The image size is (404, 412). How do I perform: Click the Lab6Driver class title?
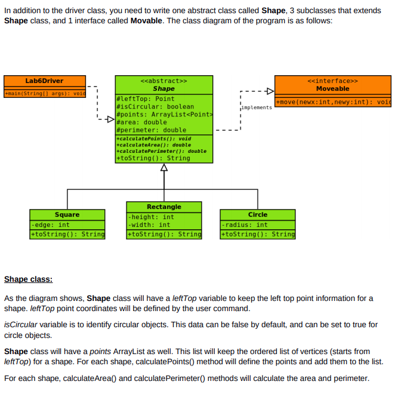(44, 81)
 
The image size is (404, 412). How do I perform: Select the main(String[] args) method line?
(45, 94)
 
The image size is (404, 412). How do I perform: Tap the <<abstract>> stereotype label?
(164, 81)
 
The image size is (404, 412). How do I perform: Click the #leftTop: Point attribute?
(145, 99)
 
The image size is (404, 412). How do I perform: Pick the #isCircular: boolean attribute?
(155, 107)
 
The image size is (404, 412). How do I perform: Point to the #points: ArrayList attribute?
(165, 115)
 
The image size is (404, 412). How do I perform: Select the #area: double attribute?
(141, 122)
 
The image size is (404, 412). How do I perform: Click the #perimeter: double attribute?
(152, 130)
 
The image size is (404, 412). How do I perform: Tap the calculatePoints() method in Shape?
(154, 139)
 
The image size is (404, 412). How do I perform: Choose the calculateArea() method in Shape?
(154, 145)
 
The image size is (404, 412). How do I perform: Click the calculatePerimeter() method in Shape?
(161, 151)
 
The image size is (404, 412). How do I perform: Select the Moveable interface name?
(332, 88)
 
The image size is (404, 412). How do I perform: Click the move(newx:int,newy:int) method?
(334, 102)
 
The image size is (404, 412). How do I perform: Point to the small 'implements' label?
(257, 107)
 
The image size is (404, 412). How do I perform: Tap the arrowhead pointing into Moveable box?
(270, 91)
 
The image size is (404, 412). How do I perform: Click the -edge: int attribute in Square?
(51, 225)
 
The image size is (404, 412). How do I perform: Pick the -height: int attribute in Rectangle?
(151, 217)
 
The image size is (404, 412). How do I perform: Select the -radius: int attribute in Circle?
(245, 225)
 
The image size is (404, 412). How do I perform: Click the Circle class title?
(258, 215)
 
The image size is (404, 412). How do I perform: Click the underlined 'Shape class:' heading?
(29, 279)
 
